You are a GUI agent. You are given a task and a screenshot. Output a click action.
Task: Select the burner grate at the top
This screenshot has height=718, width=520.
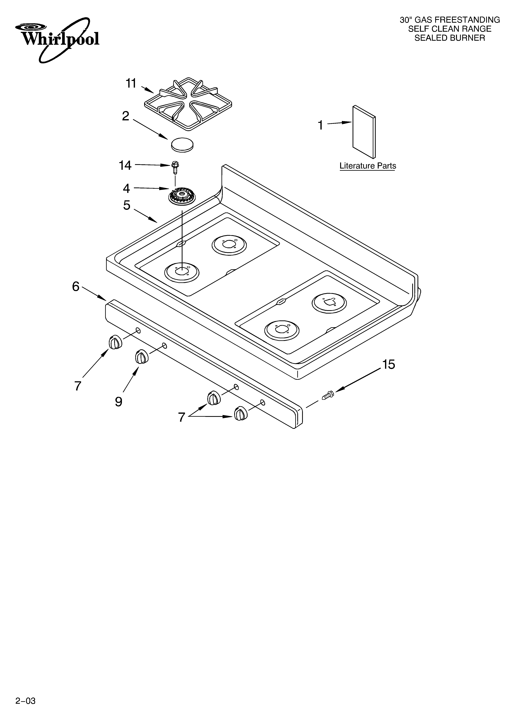click(x=188, y=104)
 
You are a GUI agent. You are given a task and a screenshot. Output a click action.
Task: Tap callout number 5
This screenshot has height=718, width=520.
click(x=127, y=205)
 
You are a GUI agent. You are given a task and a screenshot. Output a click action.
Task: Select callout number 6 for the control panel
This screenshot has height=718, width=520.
click(x=76, y=287)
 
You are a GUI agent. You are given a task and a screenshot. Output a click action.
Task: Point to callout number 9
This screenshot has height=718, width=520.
click(x=119, y=401)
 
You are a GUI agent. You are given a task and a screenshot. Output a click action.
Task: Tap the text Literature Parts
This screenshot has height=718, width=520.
click(x=368, y=166)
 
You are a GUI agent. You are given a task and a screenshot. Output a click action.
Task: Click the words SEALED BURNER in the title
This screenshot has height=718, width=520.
click(x=450, y=38)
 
